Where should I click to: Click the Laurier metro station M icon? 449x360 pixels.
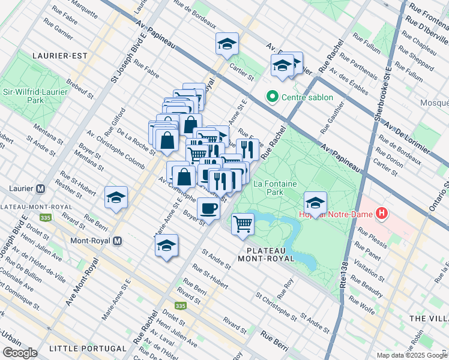pyautogui.click(x=41, y=188)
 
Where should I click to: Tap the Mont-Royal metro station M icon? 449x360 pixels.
pyautogui.click(x=118, y=241)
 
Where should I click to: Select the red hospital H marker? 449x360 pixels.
pyautogui.click(x=381, y=213)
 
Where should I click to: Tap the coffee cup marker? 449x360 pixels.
pyautogui.click(x=208, y=209)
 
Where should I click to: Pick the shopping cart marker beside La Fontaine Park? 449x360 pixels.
pyautogui.click(x=243, y=224)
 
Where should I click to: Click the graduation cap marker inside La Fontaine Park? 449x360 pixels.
pyautogui.click(x=315, y=202)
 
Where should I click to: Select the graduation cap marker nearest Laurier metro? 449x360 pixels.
pyautogui.click(x=116, y=197)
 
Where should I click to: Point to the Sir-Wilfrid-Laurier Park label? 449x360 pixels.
pyautogui.click(x=28, y=96)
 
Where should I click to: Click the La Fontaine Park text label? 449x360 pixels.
pyautogui.click(x=268, y=188)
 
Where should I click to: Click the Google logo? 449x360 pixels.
pyautogui.click(x=19, y=353)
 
